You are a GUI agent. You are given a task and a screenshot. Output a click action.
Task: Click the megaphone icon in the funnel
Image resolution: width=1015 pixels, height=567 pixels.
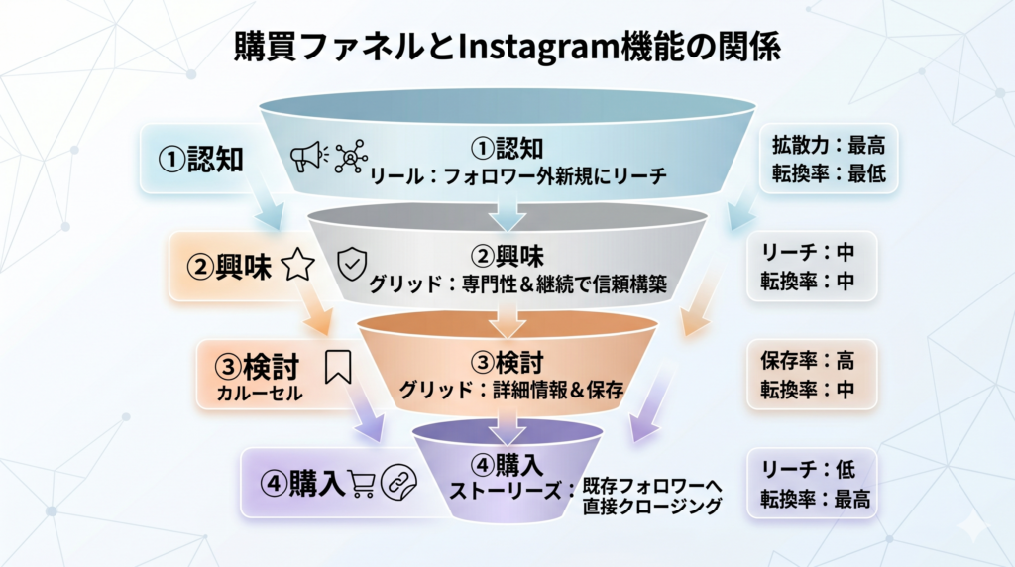click(x=306, y=156)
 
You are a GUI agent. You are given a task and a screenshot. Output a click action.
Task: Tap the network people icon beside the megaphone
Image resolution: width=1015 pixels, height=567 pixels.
click(x=350, y=157)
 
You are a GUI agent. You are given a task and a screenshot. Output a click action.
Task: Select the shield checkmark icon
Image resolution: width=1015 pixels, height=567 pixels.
click(x=353, y=264)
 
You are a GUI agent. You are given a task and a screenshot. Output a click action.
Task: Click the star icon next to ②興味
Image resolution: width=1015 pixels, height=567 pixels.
click(x=298, y=266)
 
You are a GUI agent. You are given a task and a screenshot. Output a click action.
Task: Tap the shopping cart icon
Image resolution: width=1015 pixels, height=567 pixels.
click(x=361, y=482)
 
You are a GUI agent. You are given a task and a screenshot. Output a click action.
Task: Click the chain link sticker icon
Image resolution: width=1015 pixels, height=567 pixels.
click(x=398, y=482)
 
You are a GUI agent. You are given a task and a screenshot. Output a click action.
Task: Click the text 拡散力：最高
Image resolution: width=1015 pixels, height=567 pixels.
click(x=829, y=145)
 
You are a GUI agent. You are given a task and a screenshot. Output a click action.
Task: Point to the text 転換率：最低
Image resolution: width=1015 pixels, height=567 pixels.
click(x=829, y=174)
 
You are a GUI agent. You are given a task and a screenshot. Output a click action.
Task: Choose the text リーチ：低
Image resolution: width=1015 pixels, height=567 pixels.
click(x=808, y=470)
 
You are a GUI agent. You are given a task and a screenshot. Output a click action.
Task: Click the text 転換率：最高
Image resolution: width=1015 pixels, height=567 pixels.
click(x=815, y=500)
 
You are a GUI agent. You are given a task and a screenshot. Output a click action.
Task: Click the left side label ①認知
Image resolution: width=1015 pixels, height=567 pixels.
click(x=201, y=159)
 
